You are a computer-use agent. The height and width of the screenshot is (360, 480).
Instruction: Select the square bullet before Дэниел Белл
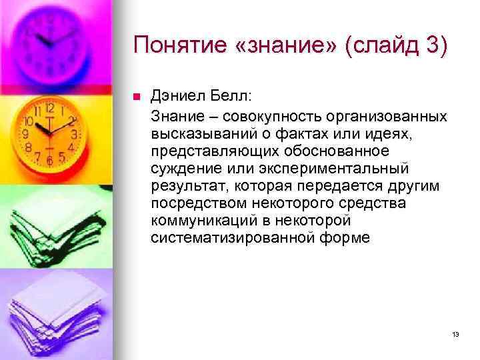[x=137, y=97]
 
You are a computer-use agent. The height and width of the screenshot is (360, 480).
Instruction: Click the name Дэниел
[x=176, y=97]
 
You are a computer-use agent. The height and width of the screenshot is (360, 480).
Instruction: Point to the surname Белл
[x=225, y=97]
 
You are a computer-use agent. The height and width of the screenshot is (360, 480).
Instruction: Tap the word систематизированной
[x=225, y=238]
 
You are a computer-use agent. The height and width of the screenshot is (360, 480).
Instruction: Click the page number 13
[x=455, y=334]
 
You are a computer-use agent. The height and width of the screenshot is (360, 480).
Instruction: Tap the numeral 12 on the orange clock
[x=49, y=108]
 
